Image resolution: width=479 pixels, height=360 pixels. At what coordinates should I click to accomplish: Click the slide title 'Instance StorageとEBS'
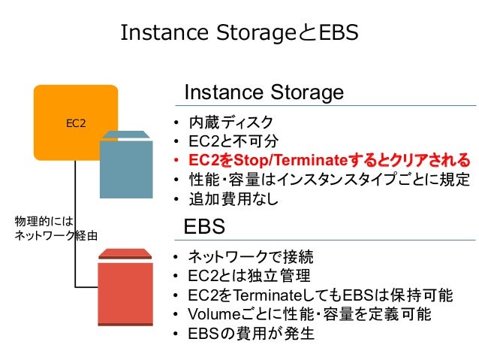coord(239,33)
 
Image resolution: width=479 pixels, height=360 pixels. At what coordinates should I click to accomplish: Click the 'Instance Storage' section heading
coord(264,92)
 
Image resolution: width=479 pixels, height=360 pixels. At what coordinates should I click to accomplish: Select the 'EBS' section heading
coord(205,226)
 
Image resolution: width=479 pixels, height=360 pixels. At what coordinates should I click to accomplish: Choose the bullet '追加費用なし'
coord(233,200)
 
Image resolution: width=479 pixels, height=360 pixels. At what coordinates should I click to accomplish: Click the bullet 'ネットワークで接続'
coord(252,256)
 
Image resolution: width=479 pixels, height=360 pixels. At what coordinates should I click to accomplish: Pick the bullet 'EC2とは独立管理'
coord(249,275)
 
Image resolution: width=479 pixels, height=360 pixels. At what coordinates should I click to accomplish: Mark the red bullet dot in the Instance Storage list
coord(175,162)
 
